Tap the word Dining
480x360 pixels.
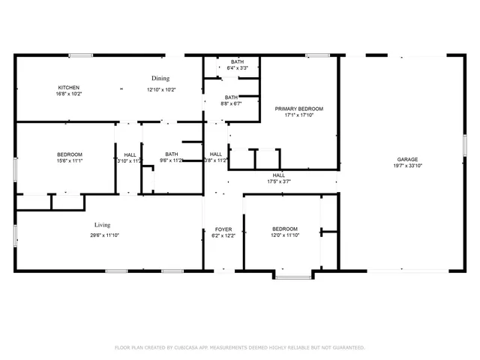coord(160,78)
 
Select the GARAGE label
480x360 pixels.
coord(408,160)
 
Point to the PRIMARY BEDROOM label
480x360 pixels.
coord(298,109)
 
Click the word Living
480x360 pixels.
coord(103,225)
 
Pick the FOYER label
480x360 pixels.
coord(223,229)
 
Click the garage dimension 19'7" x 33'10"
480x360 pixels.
coord(408,166)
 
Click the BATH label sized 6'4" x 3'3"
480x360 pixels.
coord(237,61)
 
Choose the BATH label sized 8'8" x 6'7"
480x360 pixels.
coord(231,97)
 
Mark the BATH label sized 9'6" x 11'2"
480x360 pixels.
coord(172,154)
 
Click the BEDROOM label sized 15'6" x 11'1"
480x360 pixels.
coord(69,154)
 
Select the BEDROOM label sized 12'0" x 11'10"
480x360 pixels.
coord(284,229)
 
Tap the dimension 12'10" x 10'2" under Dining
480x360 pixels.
coord(160,90)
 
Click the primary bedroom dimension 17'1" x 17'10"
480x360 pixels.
coord(298,115)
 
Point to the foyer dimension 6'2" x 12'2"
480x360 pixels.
coord(223,235)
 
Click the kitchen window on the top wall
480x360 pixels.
coord(80,55)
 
